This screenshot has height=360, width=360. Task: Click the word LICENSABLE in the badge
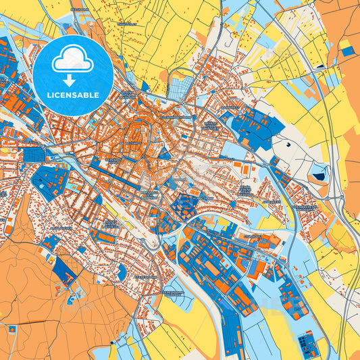click(x=72, y=95)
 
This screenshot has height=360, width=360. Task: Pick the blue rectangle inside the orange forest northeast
click(x=347, y=51)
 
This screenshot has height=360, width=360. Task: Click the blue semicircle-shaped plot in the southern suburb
click(x=122, y=272)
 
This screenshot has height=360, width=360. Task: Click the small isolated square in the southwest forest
click(x=11, y=329)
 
